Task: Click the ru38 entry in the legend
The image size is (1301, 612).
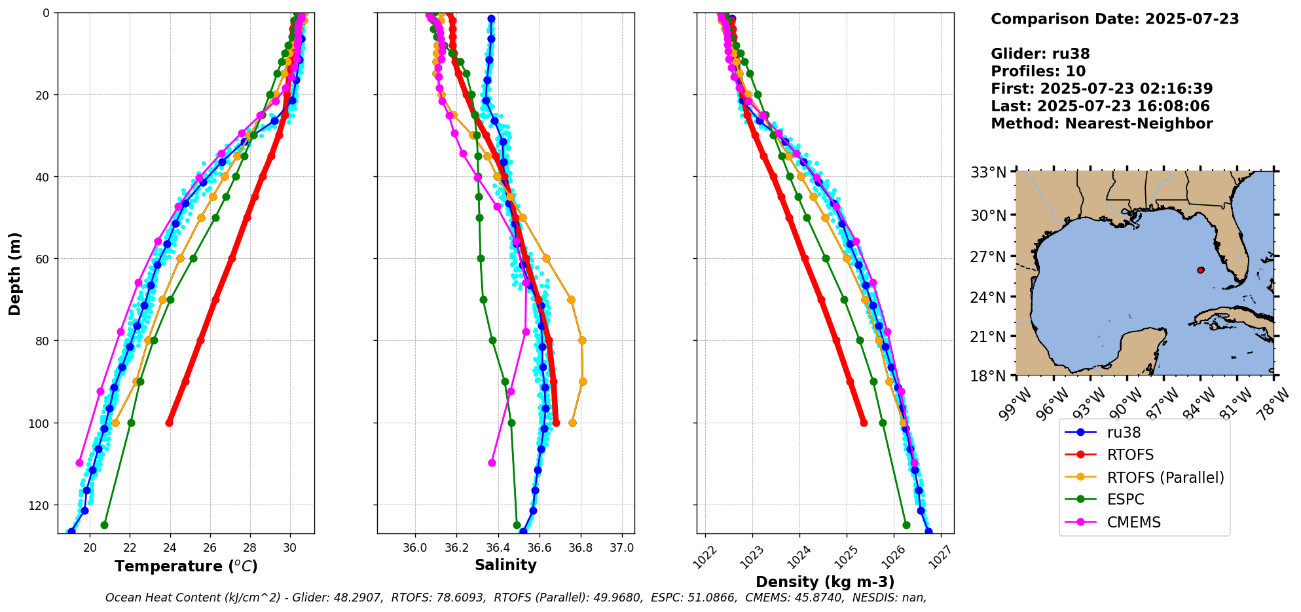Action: [1124, 432]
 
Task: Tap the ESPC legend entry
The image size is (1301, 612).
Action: [1126, 500]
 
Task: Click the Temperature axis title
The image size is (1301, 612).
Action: [186, 566]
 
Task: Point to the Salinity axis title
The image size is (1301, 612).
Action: [505, 565]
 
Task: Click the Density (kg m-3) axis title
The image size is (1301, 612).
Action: [825, 582]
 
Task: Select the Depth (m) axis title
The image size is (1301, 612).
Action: [15, 273]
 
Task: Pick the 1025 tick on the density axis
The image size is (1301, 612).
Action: [845, 550]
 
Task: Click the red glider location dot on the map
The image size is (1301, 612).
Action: [1201, 270]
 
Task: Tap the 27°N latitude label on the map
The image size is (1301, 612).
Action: [988, 257]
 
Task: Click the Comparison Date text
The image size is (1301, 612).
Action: [1114, 19]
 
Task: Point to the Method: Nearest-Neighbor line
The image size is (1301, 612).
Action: [1101, 124]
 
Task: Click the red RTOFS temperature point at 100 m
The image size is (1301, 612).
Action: [170, 423]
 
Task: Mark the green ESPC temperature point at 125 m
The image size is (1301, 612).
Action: [104, 525]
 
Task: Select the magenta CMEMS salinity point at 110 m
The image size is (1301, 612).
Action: [492, 463]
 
